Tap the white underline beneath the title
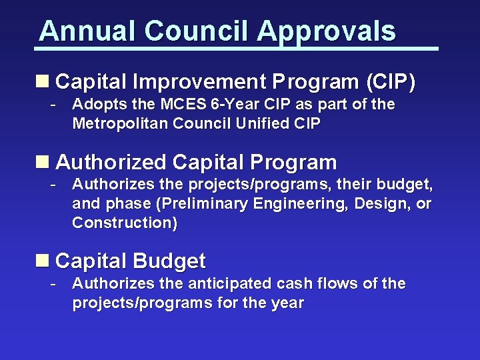pyautogui.click(x=237, y=49)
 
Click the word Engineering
pyautogui.click(x=299, y=203)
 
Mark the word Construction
pyautogui.click(x=125, y=223)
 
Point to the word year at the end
pyautogui.click(x=289, y=303)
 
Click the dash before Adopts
pyautogui.click(x=53, y=105)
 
